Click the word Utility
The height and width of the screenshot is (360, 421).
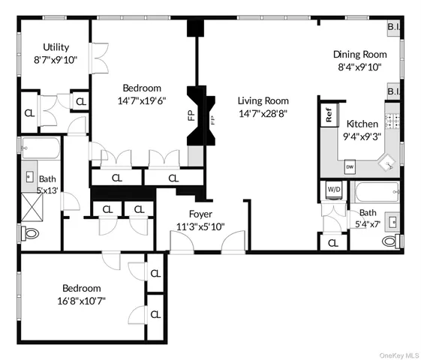[56, 46]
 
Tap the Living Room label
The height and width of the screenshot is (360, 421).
[263, 100]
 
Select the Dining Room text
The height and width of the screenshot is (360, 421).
[360, 54]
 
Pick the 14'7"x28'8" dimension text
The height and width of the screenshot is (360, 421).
[263, 113]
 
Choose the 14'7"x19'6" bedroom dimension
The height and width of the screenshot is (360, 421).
[140, 100]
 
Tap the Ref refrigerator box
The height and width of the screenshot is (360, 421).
[328, 115]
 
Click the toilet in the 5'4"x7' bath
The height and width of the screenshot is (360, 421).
[388, 241]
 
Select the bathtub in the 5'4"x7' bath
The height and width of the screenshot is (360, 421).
[374, 192]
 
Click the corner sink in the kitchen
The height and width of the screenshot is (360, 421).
[389, 161]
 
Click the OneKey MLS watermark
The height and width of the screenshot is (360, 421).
[395, 354]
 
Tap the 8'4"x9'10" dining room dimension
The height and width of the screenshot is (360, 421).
[360, 66]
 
